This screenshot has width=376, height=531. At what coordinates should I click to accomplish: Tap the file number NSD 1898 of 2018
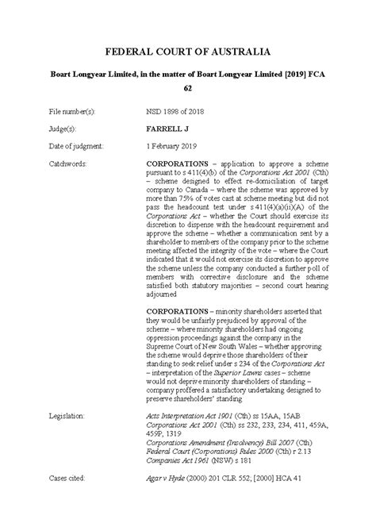coord(182,114)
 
